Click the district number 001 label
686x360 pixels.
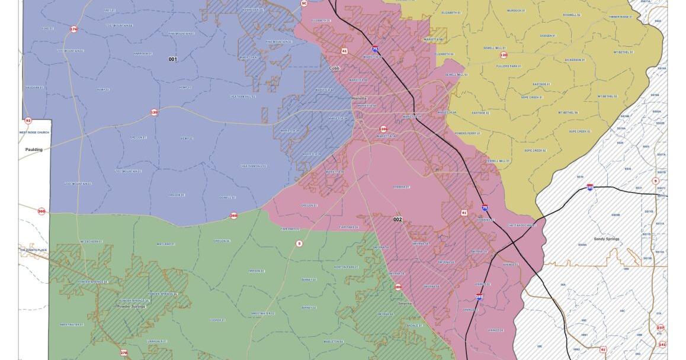172,59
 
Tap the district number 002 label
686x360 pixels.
398,220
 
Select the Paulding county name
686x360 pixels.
34,150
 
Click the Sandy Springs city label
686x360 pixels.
606,239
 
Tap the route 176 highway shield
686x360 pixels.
73,29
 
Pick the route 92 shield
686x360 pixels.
28,120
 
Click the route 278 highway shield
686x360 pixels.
124,353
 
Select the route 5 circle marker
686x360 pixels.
299,243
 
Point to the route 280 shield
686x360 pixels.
398,288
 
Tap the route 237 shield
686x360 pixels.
661,327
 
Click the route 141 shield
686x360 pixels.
662,344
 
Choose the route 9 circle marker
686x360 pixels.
655,181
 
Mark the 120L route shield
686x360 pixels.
383,128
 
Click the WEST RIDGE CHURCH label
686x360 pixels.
34,133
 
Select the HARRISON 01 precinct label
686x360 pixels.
142,54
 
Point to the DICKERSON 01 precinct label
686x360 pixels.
574,60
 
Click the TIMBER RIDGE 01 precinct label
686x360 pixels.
619,17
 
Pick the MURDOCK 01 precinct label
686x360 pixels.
515,11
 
